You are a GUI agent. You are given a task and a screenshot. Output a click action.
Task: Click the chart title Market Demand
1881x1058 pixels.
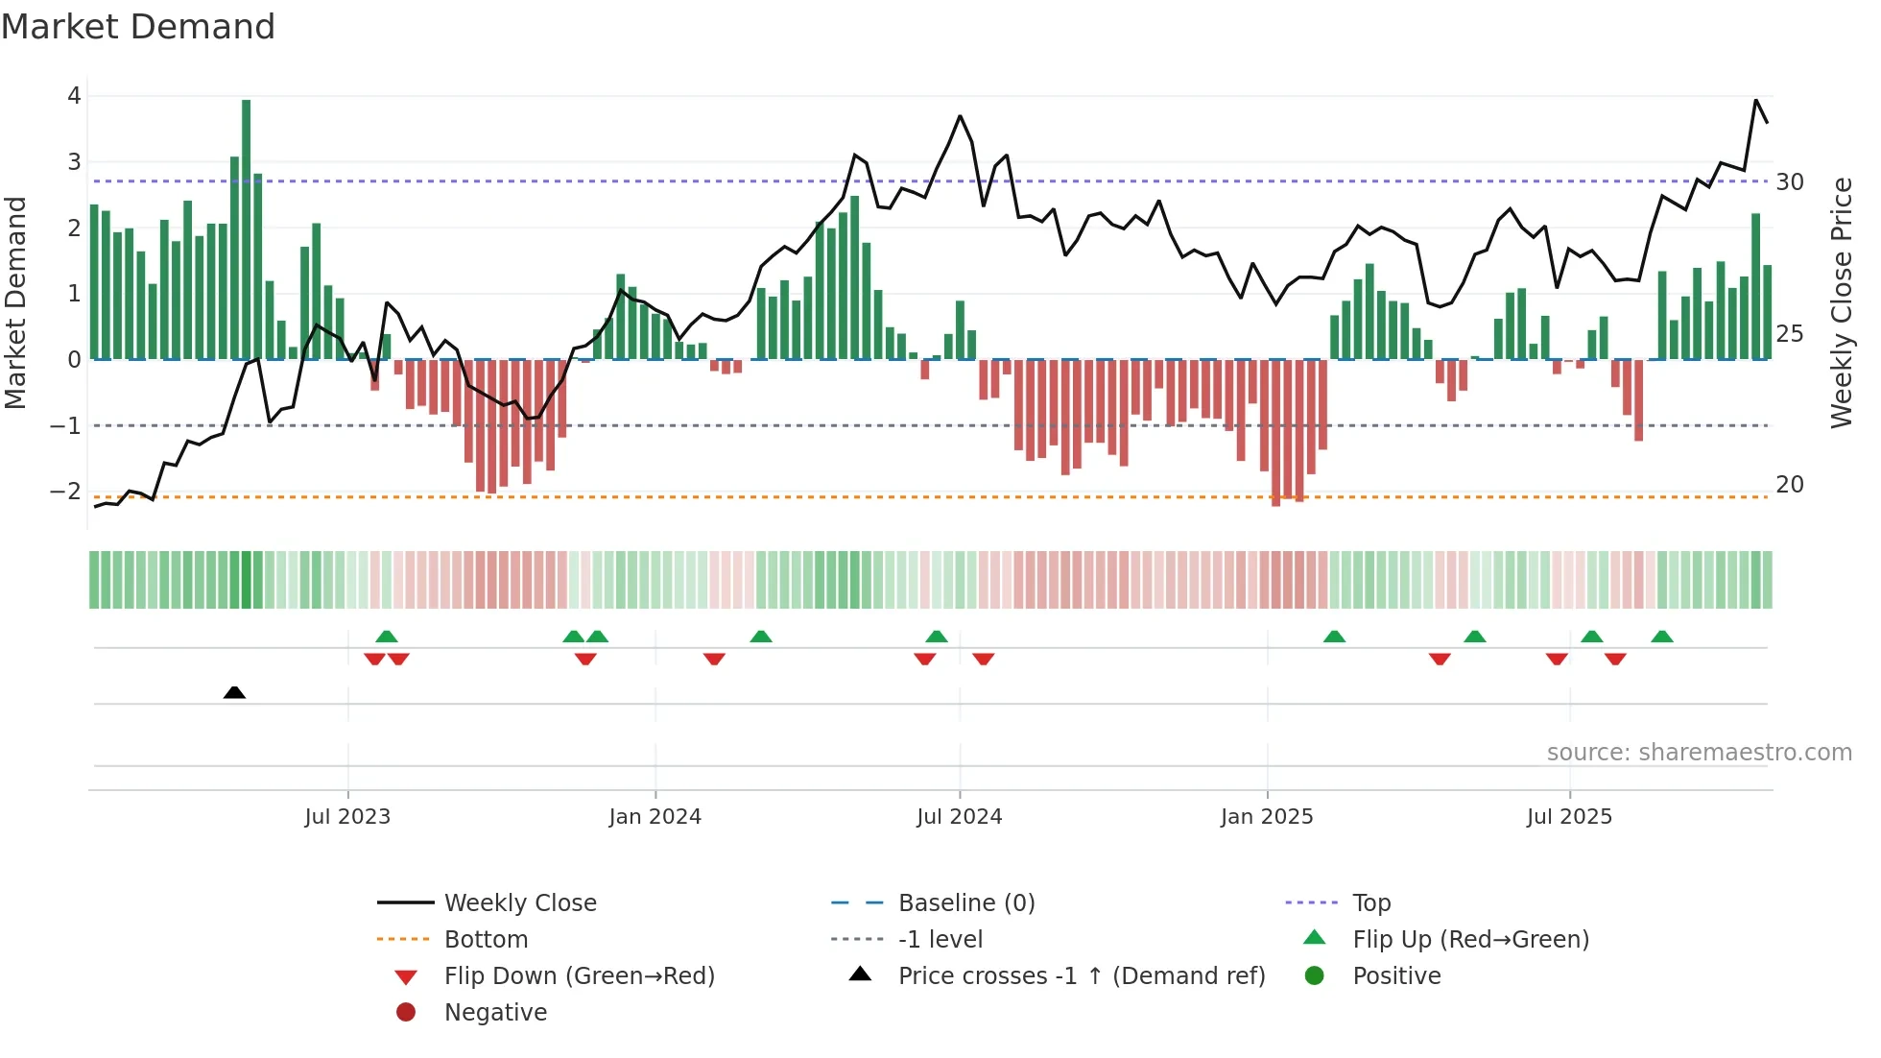[138, 27]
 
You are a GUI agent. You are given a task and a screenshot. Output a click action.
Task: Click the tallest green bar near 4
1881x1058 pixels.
[247, 230]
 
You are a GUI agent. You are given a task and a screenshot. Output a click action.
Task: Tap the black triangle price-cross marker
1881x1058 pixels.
[234, 692]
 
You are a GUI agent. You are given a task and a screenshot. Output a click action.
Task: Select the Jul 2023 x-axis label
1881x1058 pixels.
[347, 817]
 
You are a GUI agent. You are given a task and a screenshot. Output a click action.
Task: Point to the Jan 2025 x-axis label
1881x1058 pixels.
[1267, 817]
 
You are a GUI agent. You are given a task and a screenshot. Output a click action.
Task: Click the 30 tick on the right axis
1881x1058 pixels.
[1790, 182]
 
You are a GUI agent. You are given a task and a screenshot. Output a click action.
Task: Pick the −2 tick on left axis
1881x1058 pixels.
[65, 492]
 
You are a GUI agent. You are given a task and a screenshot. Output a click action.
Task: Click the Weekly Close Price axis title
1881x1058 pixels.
[1841, 302]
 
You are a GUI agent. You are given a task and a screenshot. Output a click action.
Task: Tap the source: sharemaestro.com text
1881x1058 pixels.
[1699, 753]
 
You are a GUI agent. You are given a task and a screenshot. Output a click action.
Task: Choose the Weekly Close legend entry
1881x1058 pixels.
[520, 903]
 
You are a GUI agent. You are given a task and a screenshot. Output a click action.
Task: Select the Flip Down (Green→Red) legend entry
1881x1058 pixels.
[579, 976]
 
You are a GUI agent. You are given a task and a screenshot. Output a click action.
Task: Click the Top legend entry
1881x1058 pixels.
[1371, 903]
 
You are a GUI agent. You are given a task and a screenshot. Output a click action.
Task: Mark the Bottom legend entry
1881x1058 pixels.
[486, 940]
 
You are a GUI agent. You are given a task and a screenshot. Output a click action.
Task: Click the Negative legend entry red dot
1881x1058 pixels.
[406, 1013]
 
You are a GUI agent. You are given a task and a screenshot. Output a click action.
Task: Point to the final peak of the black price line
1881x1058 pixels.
[1756, 100]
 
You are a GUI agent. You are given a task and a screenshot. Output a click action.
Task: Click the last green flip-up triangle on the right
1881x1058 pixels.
[1662, 637]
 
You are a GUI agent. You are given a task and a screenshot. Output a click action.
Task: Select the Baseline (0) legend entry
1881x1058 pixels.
[966, 903]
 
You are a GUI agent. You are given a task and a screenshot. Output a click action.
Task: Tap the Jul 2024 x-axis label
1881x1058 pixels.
[959, 817]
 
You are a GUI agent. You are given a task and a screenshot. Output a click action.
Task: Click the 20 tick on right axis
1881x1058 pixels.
[1790, 485]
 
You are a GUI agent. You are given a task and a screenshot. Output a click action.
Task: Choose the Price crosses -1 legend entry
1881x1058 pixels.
[1082, 976]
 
